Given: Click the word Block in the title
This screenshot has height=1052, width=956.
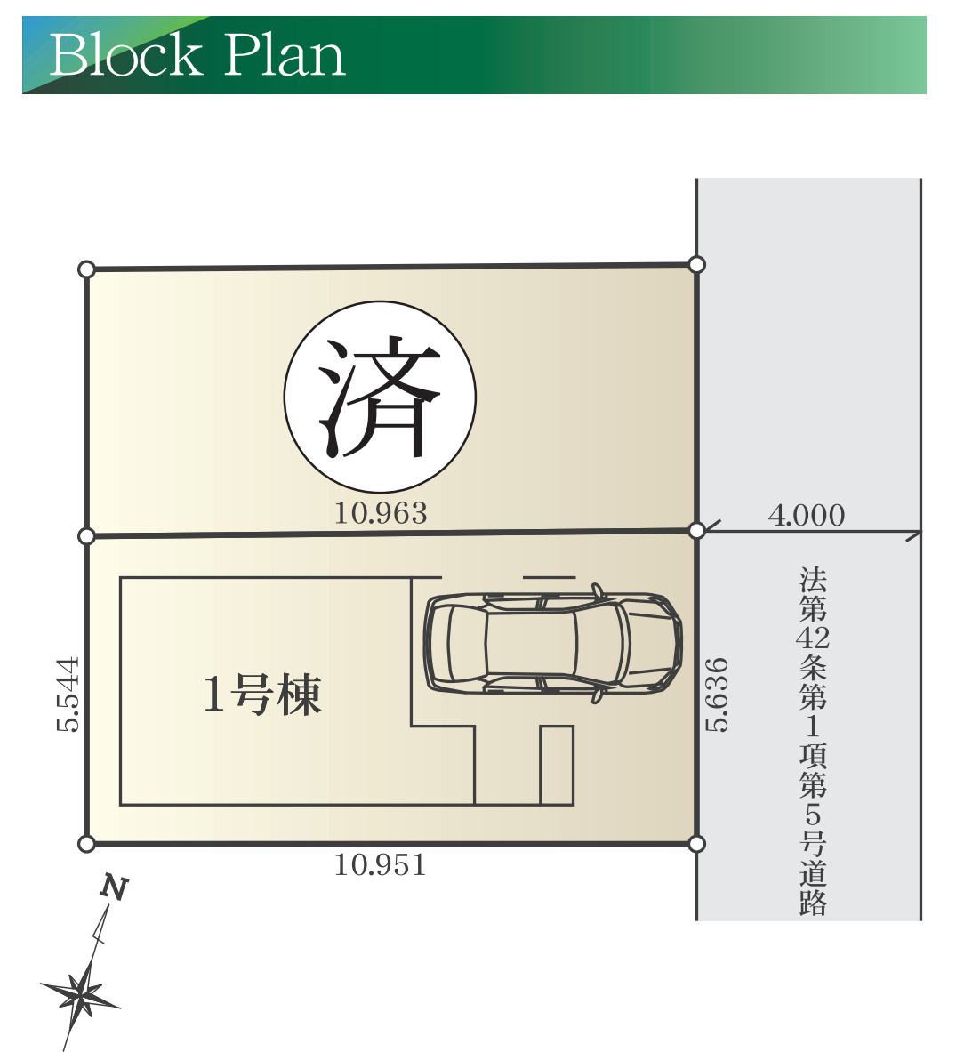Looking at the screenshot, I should coord(126,55).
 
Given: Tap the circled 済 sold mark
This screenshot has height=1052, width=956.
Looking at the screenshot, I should coord(380,395).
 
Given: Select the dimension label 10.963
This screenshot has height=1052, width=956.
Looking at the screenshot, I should coord(381,513).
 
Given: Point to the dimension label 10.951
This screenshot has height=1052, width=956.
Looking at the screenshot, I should coord(380,864).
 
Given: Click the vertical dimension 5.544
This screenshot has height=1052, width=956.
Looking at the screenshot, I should coord(68,695).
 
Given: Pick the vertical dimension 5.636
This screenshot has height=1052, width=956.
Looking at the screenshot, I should coord(717,695).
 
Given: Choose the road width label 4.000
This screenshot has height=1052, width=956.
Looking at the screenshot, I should coord(807,516).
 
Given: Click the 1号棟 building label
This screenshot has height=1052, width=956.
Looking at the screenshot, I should coord(262,694).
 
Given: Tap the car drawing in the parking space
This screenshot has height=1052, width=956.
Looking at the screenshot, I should coord(552,640).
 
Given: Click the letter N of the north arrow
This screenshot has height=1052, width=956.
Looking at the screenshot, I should coord(113,887).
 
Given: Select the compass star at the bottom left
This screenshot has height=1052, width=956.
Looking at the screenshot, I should coord(82,993).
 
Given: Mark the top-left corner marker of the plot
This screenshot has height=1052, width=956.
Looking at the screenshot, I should coord(86,269).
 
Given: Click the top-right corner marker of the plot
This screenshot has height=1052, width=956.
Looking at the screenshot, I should coord(697,264).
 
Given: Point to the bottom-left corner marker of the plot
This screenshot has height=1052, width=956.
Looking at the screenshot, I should coord(86,843).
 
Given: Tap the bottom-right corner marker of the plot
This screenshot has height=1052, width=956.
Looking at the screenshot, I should coord(697,843).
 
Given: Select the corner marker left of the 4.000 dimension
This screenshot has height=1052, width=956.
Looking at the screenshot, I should coord(697,531).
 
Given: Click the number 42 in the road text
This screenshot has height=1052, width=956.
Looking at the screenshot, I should coord(813,638).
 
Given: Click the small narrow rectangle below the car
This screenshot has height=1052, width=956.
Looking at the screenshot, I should coord(557,765).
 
